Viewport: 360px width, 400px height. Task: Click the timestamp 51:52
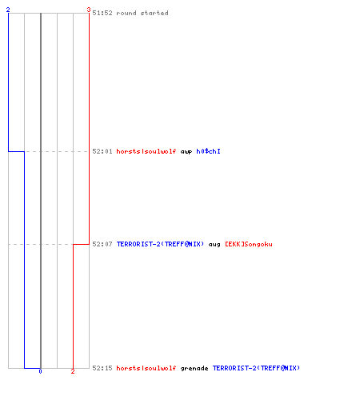tap(102, 13)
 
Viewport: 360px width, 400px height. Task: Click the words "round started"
tap(142, 13)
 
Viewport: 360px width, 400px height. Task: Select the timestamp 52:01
tap(102, 151)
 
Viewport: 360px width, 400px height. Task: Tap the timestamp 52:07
tap(102, 244)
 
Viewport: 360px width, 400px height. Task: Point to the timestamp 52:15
tap(102, 368)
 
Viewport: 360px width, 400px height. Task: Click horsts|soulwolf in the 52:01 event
tap(146, 151)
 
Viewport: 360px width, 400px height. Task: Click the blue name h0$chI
tap(208, 151)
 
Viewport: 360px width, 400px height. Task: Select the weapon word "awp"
tap(186, 152)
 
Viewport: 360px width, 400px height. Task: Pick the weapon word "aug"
tap(214, 245)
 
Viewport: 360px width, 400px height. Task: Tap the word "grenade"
tap(194, 368)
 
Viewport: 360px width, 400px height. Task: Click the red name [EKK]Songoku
tap(249, 244)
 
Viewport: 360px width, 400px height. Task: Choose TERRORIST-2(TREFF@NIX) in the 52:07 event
tap(160, 244)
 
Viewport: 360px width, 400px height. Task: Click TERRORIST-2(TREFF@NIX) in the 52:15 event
tap(256, 368)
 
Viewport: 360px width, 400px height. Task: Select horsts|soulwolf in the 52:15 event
tap(146, 368)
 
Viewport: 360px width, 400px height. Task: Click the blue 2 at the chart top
tap(8, 10)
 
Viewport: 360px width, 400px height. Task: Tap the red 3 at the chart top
tap(89, 10)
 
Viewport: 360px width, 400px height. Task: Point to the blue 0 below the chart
tap(40, 371)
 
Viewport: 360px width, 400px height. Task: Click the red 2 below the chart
tap(73, 371)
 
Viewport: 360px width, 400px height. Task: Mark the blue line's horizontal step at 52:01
tap(16, 151)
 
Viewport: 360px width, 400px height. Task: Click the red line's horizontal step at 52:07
tap(81, 244)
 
